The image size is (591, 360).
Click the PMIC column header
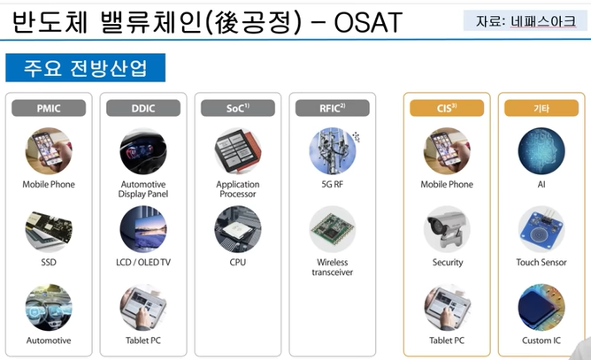click(49, 108)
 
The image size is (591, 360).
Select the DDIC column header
click(143, 108)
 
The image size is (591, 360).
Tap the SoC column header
click(238, 108)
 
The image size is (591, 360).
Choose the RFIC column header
click(332, 108)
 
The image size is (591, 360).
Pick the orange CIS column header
click(446, 108)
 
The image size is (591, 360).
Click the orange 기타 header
click(541, 108)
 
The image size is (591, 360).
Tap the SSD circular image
click(49, 228)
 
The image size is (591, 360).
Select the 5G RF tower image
click(332, 151)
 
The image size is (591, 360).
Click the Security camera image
click(446, 228)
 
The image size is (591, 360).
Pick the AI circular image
click(541, 151)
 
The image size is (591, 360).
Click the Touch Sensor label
click(541, 262)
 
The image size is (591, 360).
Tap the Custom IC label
click(541, 340)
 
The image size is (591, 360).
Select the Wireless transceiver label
click(332, 267)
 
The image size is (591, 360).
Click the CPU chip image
click(238, 228)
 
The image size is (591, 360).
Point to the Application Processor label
click(238, 189)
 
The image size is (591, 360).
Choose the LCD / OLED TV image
click(143, 228)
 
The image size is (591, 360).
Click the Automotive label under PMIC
click(49, 340)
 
